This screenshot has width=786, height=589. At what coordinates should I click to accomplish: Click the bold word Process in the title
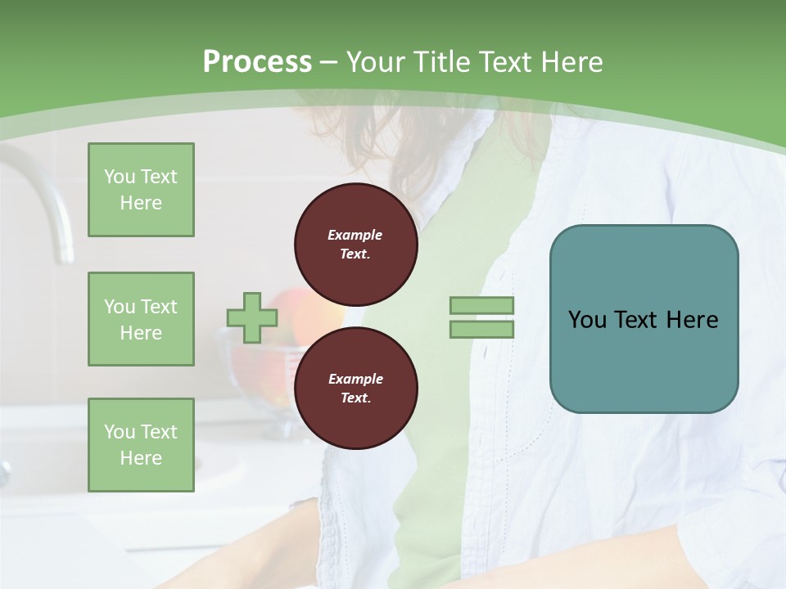257,62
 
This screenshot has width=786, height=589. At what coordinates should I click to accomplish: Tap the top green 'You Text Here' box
141,190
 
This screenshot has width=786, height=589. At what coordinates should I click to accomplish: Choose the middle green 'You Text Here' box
141,319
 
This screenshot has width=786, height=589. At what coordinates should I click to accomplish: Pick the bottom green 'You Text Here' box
141,445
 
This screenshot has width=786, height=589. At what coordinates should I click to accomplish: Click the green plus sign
252,317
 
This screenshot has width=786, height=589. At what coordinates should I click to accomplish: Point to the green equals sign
481,317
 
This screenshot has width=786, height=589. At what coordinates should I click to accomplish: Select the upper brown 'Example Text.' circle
355,244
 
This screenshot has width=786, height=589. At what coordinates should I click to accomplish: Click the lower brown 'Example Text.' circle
355,388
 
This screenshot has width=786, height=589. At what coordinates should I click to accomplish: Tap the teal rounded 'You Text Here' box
644,319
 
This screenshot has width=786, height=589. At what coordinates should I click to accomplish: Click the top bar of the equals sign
481,306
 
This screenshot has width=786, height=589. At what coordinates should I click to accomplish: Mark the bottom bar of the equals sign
481,329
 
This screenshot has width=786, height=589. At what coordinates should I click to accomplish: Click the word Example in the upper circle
355,235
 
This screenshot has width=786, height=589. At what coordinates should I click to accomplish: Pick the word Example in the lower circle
355,379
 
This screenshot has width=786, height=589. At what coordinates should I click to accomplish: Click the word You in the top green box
120,177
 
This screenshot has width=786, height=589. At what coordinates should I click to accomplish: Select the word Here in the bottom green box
141,458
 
